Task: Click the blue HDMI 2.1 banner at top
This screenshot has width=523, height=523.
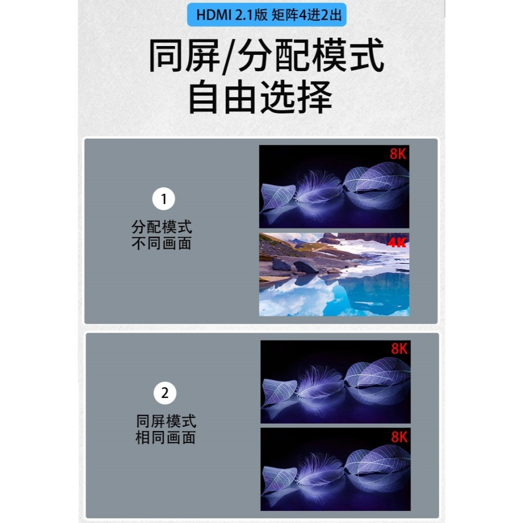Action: tap(266, 15)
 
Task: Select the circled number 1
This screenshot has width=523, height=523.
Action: tap(163, 199)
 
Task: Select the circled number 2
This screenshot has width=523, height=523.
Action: tap(165, 393)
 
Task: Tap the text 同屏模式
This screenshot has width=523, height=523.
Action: tap(166, 422)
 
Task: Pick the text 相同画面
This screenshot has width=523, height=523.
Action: tap(166, 438)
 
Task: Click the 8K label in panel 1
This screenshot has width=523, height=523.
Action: tap(398, 154)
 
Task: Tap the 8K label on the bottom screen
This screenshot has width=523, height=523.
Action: tap(399, 437)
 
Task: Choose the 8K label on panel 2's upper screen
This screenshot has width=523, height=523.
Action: tap(399, 349)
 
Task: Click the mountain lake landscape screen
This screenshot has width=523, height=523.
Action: tap(334, 275)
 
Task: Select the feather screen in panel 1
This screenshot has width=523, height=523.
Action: tap(334, 186)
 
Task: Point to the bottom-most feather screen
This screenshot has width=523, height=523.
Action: tap(335, 469)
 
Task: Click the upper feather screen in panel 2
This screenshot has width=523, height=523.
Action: tap(335, 382)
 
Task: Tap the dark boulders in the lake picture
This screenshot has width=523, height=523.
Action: tap(296, 266)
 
